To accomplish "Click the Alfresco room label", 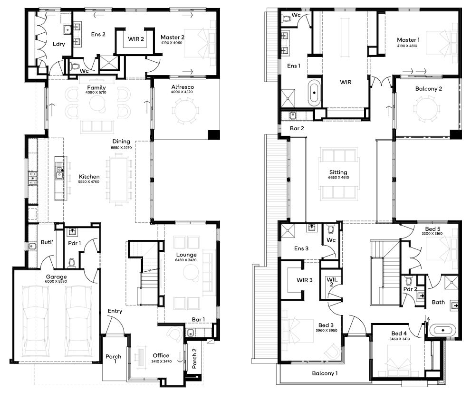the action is [x=183, y=87].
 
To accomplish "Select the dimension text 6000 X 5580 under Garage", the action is [x=56, y=281].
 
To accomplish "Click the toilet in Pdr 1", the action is [x=71, y=263].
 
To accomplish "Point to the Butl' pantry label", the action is [x=47, y=242].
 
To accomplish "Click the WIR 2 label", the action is [x=136, y=39].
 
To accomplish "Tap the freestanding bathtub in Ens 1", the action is [x=314, y=93].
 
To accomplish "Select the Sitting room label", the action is [x=338, y=172].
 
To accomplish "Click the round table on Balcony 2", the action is [x=427, y=108].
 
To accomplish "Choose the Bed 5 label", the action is [x=433, y=229].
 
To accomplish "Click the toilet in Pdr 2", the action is [x=408, y=281].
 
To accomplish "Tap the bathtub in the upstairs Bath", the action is [x=443, y=330].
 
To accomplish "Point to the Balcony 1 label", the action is [x=325, y=373].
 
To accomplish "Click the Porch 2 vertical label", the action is [x=194, y=359].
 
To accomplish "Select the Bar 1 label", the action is [x=198, y=320].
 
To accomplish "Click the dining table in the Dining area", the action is [x=119, y=179].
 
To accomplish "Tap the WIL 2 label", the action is [x=332, y=282].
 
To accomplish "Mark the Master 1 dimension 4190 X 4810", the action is [x=407, y=46].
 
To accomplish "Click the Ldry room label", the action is [x=58, y=44].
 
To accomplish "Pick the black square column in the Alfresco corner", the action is [x=213, y=134].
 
